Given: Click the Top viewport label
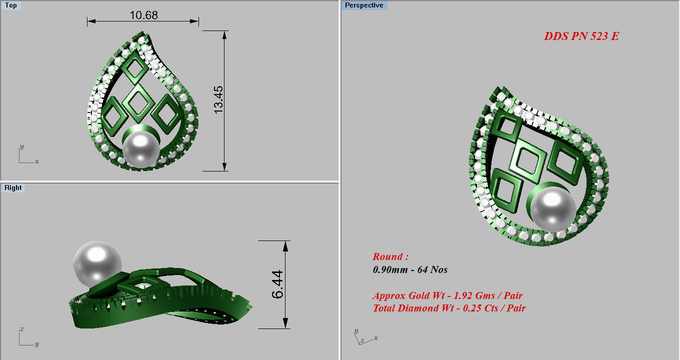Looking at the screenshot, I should (10, 5).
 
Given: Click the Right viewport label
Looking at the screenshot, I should (13, 188).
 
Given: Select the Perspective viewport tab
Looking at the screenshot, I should (364, 5).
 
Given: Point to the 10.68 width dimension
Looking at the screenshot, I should (143, 15).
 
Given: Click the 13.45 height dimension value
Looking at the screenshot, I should (219, 99).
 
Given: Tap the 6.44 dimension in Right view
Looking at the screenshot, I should (278, 284).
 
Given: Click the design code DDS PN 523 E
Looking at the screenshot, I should (581, 36).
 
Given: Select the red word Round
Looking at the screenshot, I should (390, 257).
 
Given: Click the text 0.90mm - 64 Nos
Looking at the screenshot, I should (410, 270).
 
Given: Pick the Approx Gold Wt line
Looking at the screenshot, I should (447, 295).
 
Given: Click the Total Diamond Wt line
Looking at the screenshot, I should (449, 308).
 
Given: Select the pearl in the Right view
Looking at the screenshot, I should (97, 264).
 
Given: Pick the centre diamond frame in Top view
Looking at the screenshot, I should (137, 102).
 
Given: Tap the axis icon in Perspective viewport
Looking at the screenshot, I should (363, 337).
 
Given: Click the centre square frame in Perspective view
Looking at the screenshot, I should (526, 160).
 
